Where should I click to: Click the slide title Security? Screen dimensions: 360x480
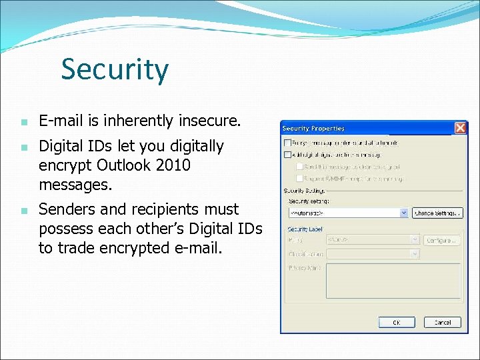click(x=115, y=69)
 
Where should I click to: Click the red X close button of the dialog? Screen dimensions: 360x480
click(x=460, y=127)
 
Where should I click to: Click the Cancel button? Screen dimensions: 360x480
click(x=443, y=322)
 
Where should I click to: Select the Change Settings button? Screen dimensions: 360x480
click(x=437, y=213)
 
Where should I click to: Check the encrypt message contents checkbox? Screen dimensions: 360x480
click(x=288, y=143)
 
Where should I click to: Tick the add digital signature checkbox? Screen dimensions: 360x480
click(x=288, y=154)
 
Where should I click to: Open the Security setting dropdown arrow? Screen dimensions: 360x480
click(x=404, y=213)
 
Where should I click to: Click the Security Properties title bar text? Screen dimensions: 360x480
click(x=313, y=128)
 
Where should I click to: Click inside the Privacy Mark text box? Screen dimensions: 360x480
click(x=393, y=280)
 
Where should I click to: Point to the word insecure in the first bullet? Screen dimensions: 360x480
click(x=209, y=121)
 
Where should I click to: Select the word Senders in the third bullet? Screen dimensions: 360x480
click(x=65, y=209)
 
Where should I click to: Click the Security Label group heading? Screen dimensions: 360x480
click(x=305, y=228)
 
